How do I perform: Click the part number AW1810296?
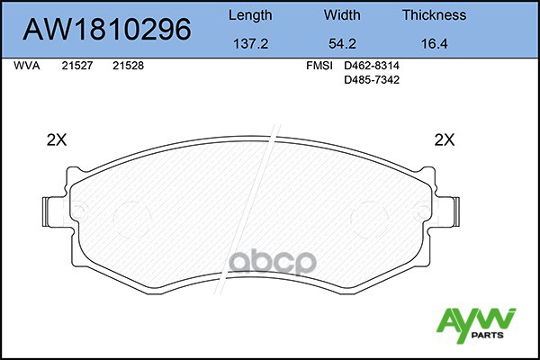106,30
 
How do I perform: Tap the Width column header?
342,15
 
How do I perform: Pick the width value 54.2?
342,41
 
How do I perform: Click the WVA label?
27,67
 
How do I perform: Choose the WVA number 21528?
128,67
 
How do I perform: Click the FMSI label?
319,67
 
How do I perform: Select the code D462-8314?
373,67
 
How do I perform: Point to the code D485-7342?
373,80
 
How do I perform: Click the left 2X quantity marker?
58,139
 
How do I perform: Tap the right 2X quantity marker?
445,139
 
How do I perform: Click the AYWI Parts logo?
476,324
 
